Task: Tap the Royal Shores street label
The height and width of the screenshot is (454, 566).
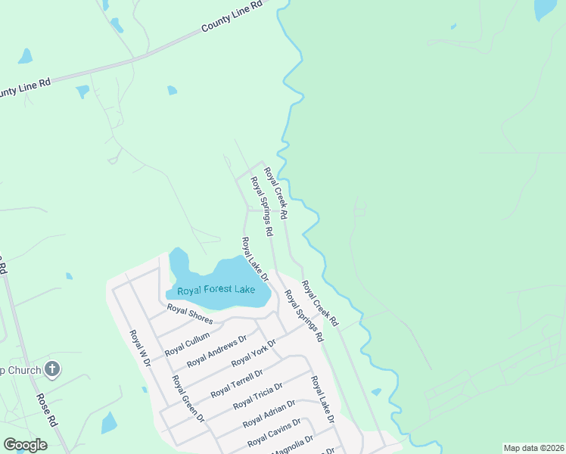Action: coord(190,313)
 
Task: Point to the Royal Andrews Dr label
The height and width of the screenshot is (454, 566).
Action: coord(216,351)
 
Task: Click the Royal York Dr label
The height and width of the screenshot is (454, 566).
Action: coord(253,352)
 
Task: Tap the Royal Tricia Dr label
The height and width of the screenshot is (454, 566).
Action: coord(257,395)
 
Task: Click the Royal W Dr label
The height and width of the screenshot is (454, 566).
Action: coord(141,348)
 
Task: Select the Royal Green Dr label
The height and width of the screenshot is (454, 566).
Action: coord(188,398)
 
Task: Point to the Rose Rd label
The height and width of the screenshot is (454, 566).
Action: coord(47,407)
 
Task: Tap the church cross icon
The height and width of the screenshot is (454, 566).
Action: coord(51,370)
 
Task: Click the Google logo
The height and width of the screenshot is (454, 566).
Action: coord(25,445)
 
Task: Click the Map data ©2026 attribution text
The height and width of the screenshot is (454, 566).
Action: coord(533,448)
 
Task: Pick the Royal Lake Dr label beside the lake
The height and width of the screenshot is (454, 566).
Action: coord(255,258)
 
